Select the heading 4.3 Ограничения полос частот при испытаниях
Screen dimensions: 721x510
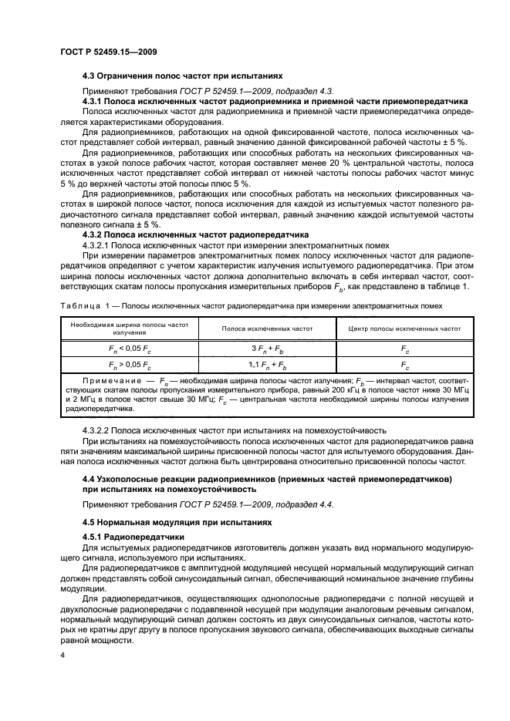point(183,76)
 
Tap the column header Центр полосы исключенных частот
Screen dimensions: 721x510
point(404,328)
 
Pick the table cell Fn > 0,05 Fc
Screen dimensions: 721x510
point(129,363)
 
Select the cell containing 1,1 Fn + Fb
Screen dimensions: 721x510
point(267,363)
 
